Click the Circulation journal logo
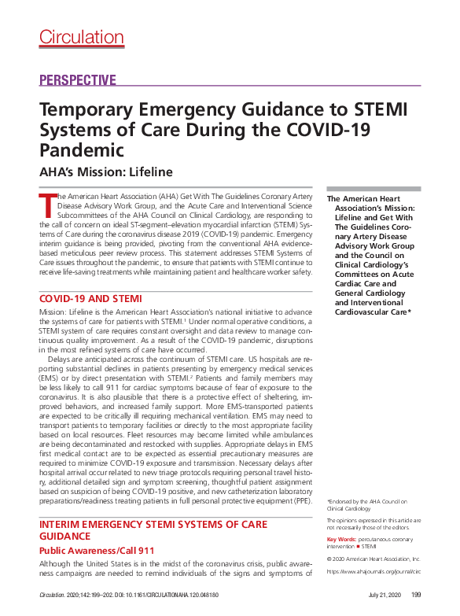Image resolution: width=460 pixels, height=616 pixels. pos(75,36)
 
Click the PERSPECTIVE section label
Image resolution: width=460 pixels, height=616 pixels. pos(77,80)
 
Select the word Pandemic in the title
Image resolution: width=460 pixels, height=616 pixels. pos(82,149)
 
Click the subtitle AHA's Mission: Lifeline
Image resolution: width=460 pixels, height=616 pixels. pos(105,172)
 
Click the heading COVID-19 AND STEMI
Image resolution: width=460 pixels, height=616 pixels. pos(90,299)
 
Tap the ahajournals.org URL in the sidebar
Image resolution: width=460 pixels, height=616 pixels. pos(374,572)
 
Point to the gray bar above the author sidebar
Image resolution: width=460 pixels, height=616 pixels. pos(374,188)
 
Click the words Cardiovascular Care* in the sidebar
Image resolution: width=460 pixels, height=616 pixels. pos(372,334)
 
